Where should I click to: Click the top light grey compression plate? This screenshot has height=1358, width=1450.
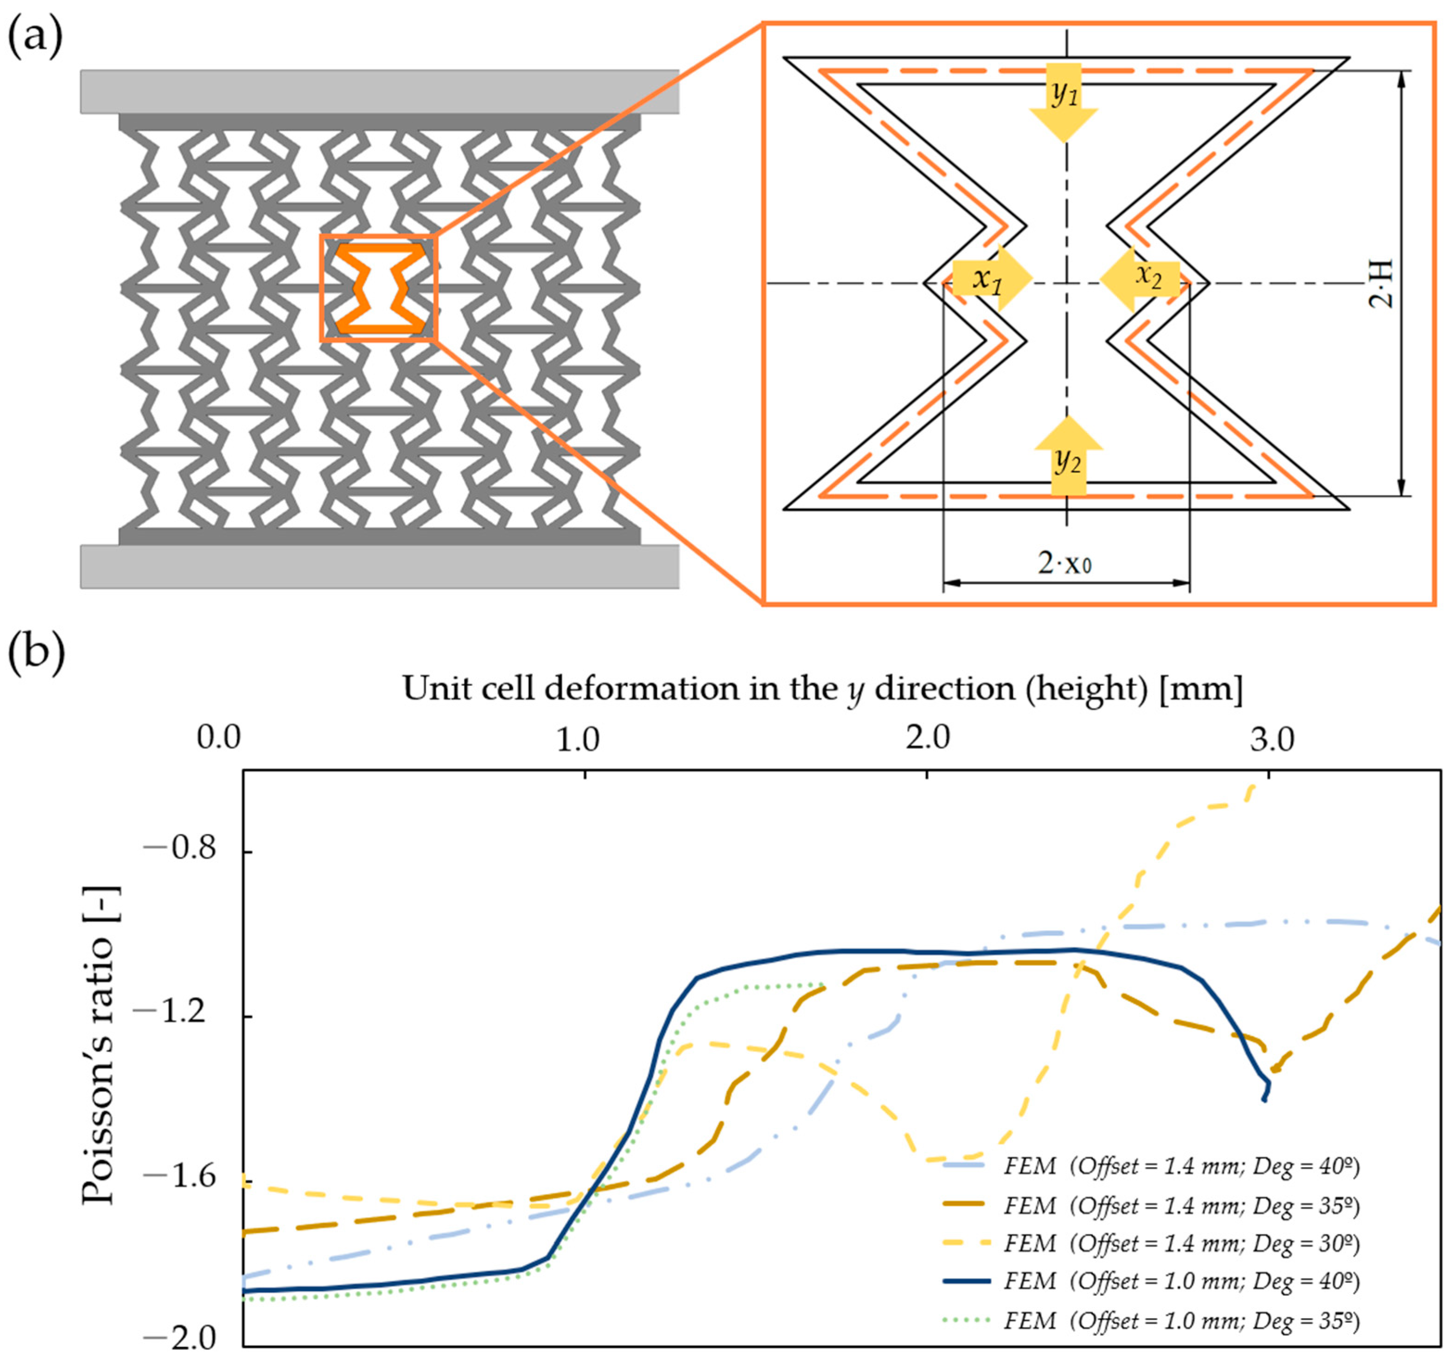coord(379,91)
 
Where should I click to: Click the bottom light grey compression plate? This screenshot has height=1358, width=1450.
coord(379,567)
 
